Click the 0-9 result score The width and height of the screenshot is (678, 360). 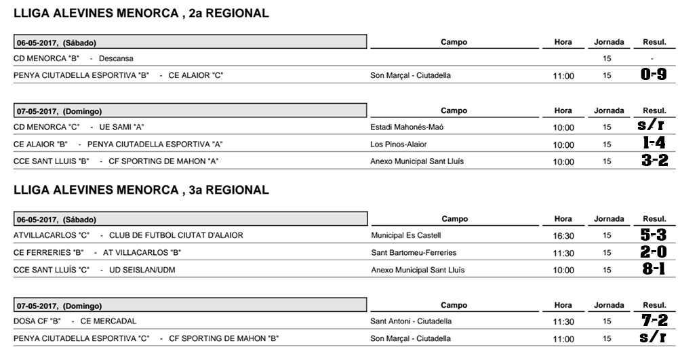point(654,75)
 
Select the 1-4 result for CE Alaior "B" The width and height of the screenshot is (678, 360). point(654,143)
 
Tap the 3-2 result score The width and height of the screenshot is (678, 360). point(654,161)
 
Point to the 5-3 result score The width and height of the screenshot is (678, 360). point(654,235)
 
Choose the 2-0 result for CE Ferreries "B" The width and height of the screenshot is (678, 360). point(654,252)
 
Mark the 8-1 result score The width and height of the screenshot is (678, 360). point(654,269)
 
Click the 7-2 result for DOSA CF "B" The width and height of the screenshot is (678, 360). point(654,321)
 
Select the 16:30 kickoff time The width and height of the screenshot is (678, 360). point(563,236)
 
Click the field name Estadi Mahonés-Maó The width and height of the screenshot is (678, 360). point(407,127)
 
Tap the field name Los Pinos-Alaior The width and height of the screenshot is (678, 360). point(399,144)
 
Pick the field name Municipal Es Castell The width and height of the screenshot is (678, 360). point(406,235)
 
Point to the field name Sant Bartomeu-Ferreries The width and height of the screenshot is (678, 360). point(414,252)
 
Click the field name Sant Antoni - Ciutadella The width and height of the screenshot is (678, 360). point(411,321)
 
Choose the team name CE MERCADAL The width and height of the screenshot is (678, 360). point(108,321)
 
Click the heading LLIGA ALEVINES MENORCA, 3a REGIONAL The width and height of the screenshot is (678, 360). point(141,191)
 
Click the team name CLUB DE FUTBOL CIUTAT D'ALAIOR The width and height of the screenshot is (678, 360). point(176,235)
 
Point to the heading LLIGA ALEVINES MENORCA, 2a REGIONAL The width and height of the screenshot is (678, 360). point(141,13)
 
